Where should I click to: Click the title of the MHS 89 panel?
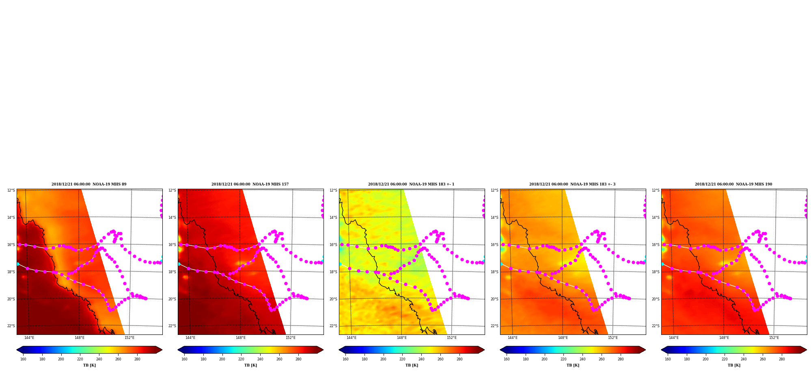pyautogui.click(x=89, y=184)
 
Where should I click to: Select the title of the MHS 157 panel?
pyautogui.click(x=250, y=184)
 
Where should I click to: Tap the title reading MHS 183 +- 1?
pyautogui.click(x=411, y=184)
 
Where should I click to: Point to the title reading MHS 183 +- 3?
pyautogui.click(x=572, y=184)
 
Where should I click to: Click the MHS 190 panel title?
pyautogui.click(x=733, y=184)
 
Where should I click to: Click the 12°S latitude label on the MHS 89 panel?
pyautogui.click(x=11, y=190)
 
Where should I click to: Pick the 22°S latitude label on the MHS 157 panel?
pyautogui.click(x=172, y=326)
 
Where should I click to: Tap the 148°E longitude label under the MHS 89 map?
pyautogui.click(x=79, y=338)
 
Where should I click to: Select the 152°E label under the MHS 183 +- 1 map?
pyautogui.click(x=452, y=338)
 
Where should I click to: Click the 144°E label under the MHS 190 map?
pyautogui.click(x=674, y=338)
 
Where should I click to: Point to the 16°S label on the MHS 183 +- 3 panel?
pyautogui.click(x=494, y=245)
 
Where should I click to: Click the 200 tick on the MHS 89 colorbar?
pyautogui.click(x=61, y=359)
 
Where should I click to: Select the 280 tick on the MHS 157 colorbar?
pyautogui.click(x=298, y=359)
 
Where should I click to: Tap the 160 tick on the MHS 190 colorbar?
pyautogui.click(x=668, y=359)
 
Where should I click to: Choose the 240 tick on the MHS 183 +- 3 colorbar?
pyautogui.click(x=582, y=359)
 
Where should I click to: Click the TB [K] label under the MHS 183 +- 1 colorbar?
pyautogui.click(x=412, y=365)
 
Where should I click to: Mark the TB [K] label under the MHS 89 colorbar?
pyautogui.click(x=89, y=365)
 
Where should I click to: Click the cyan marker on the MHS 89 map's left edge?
pyautogui.click(x=17, y=264)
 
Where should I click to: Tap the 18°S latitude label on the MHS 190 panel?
pyautogui.click(x=656, y=272)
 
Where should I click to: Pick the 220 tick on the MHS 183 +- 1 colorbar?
pyautogui.click(x=402, y=359)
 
